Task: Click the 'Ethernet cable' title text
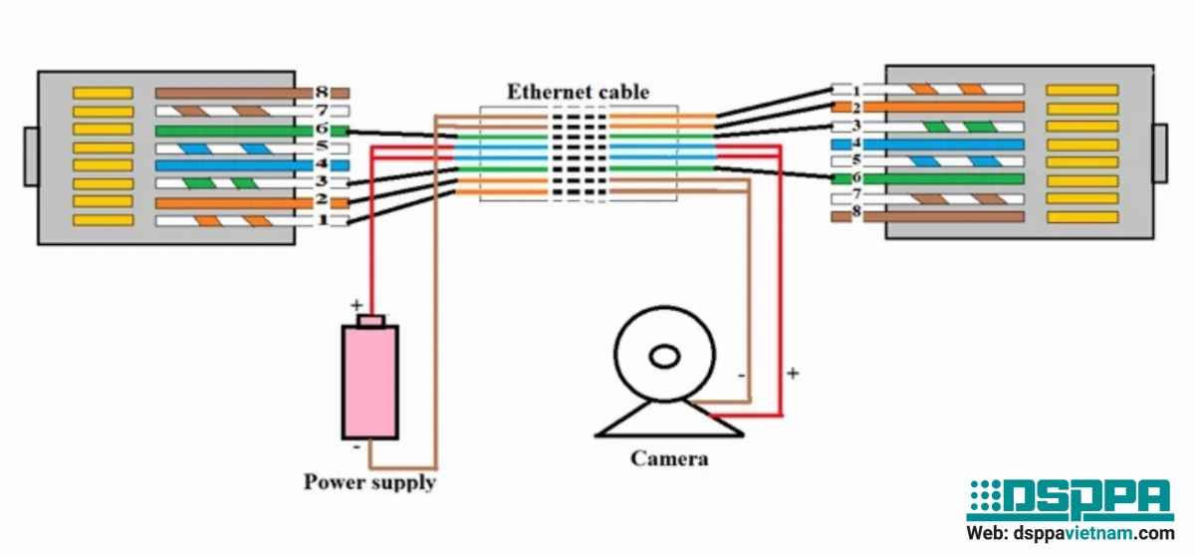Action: pyautogui.click(x=578, y=92)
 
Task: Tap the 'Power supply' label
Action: pyautogui.click(x=369, y=482)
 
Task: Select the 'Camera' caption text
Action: pyautogui.click(x=669, y=458)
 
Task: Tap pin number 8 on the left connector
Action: pyautogui.click(x=322, y=92)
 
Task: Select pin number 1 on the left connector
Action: pyautogui.click(x=322, y=219)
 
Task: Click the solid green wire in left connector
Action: pyautogui.click(x=234, y=130)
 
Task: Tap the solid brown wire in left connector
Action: pyautogui.click(x=234, y=93)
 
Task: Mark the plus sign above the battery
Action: pyautogui.click(x=356, y=304)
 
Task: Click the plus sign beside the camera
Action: pyautogui.click(x=793, y=374)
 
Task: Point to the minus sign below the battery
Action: pyautogui.click(x=357, y=447)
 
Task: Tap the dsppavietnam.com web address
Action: pyautogui.click(x=1071, y=534)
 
